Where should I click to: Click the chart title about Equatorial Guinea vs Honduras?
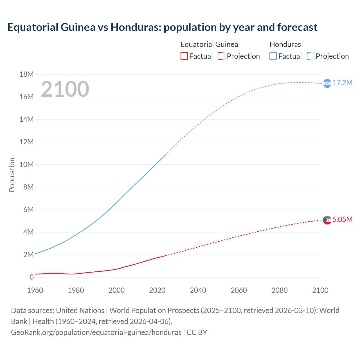coord(162,27)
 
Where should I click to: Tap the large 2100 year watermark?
coord(65,89)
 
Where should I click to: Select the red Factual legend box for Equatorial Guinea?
coord(184,56)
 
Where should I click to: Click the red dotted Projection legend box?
coord(222,56)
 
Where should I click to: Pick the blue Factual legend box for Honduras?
coord(273,56)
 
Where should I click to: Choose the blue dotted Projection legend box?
coord(310,56)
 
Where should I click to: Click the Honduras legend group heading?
coord(285,44)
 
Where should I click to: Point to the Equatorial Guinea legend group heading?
coord(209,44)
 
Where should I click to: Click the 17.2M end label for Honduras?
coord(342,83)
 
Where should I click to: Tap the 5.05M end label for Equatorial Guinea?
coord(342,219)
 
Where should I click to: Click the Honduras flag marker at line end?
coord(327,84)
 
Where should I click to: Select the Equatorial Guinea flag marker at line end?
coord(327,220)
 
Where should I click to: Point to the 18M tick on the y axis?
coord(26,74)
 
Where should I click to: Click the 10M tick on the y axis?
coord(26,165)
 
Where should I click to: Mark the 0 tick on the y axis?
coord(31,277)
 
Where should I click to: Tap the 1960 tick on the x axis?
coord(35,290)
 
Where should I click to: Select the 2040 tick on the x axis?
coord(198,290)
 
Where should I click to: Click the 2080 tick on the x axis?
coord(280,290)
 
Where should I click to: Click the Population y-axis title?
coord(12,175)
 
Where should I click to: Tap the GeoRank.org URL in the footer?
coord(96,332)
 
